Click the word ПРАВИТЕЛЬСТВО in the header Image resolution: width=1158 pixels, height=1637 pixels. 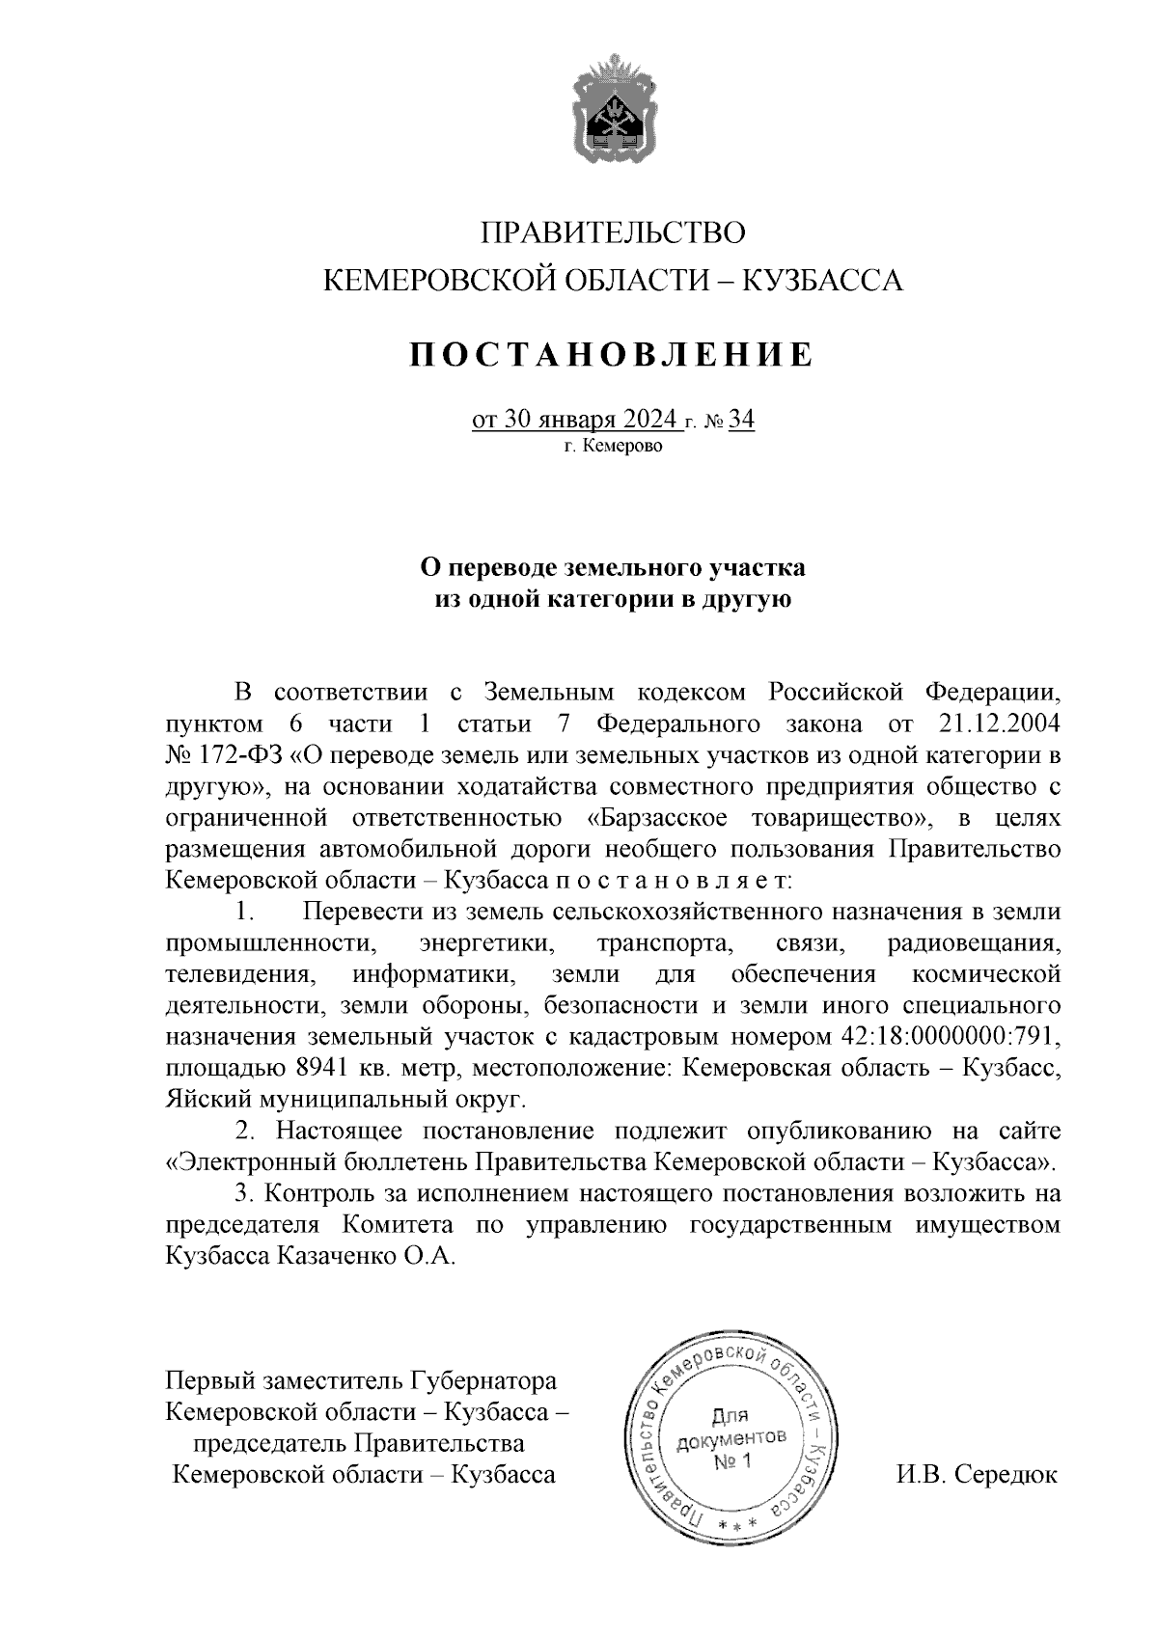click(x=614, y=233)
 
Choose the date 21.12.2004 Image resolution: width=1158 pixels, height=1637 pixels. click(x=999, y=723)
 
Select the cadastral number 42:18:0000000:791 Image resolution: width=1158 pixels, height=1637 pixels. click(x=945, y=1037)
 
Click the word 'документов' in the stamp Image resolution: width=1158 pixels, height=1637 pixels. click(x=732, y=1440)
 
